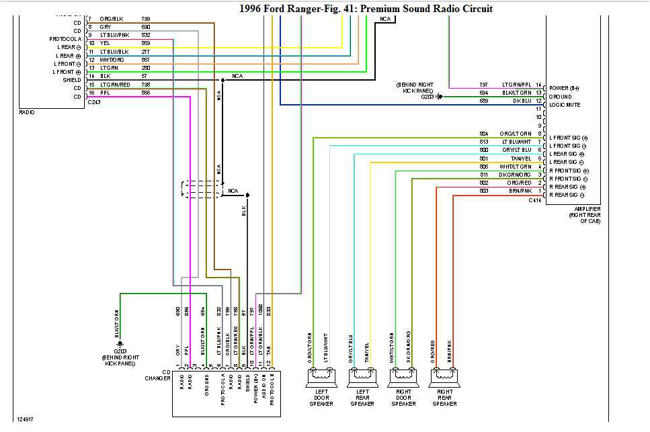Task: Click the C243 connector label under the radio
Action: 94,103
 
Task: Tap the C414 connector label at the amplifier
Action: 534,200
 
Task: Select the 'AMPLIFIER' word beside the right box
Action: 579,209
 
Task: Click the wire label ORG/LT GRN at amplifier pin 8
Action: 515,134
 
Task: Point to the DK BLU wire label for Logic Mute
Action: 521,101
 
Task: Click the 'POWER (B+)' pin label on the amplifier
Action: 564,88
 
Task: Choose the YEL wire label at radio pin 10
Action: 105,43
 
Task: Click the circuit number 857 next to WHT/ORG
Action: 146,59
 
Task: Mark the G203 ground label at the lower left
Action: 120,351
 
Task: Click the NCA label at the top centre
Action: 385,19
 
